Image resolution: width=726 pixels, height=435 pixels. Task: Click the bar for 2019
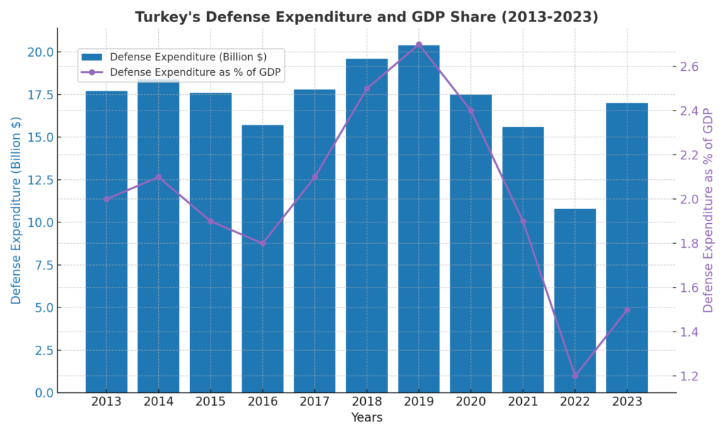pos(418,219)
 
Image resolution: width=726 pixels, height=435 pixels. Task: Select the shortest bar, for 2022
pos(575,300)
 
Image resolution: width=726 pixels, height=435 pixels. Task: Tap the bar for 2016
pos(262,259)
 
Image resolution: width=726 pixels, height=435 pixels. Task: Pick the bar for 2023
pos(627,248)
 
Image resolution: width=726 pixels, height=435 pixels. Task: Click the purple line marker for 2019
pos(418,45)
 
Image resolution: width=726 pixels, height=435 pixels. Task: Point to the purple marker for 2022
pos(575,376)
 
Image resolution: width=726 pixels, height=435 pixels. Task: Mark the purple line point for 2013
pos(106,199)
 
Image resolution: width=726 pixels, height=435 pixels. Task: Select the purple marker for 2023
pos(627,310)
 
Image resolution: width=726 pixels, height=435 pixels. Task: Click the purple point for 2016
pos(262,243)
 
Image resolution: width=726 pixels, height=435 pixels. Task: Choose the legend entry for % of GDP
pos(195,72)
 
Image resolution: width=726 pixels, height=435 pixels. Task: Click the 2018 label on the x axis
pos(367,402)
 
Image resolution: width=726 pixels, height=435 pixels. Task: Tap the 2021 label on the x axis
pos(523,402)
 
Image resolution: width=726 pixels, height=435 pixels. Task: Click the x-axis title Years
pos(367,418)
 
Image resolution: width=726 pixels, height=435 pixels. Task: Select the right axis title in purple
pos(708,210)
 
